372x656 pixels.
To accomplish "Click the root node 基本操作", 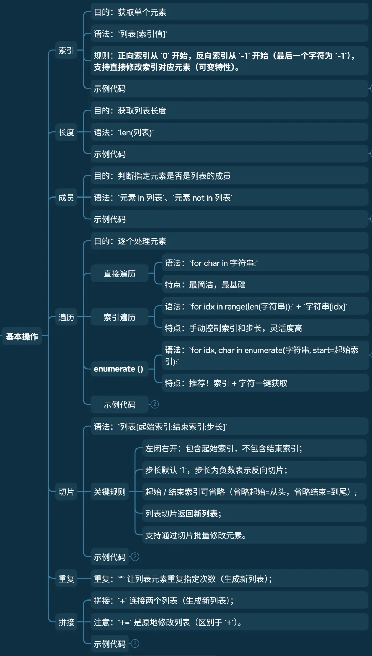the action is (x=22, y=336).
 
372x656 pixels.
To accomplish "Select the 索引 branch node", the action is (x=66, y=51).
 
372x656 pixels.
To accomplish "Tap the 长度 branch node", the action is (x=66, y=132).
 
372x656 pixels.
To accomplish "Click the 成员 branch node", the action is (x=66, y=198).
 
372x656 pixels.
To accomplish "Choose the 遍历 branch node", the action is (x=66, y=317).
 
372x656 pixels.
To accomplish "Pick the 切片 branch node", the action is (x=66, y=492).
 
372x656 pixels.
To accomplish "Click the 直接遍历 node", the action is (x=120, y=274).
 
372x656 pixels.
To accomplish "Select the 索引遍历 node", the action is (x=120, y=317).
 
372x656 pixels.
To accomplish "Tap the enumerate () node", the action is (x=118, y=369).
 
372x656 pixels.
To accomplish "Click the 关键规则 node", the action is (x=110, y=492).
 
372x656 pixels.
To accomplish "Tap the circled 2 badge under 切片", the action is (x=135, y=556).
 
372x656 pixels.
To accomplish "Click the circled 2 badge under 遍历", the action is (x=155, y=404).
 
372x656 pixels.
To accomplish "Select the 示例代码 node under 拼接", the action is (x=110, y=644).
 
